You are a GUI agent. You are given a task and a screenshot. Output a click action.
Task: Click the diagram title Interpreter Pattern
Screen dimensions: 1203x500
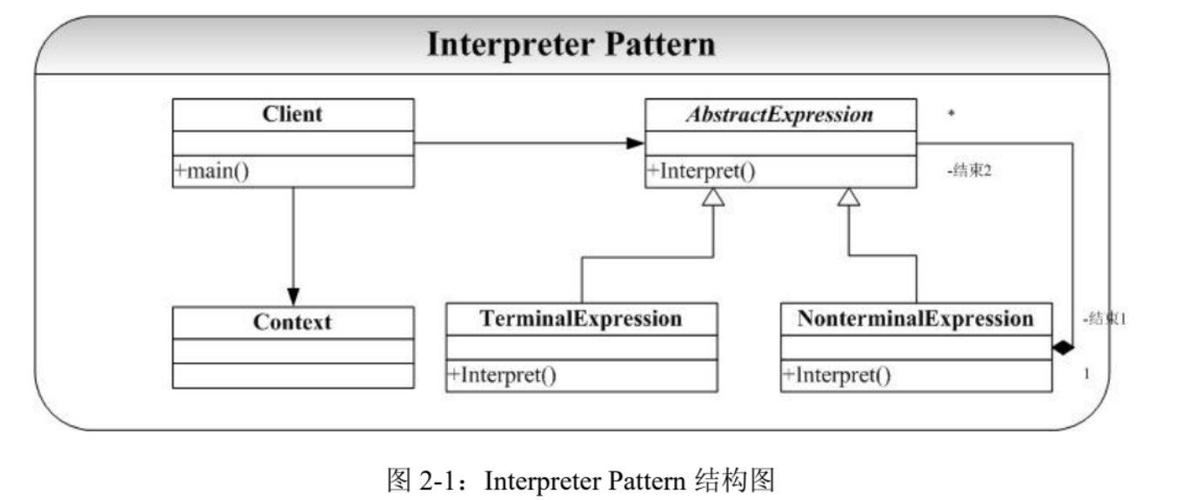tap(571, 44)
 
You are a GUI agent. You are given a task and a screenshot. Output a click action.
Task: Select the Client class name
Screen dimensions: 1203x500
tap(292, 114)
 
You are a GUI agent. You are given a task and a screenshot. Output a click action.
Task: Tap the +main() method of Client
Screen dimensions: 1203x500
tap(211, 170)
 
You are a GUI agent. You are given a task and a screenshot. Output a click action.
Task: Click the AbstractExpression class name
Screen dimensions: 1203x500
tap(779, 115)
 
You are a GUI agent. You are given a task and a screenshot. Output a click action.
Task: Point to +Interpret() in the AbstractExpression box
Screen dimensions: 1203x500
tap(701, 170)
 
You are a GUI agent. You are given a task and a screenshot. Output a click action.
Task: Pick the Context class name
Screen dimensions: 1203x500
tap(292, 322)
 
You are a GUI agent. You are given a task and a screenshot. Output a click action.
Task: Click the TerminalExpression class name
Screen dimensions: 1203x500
tap(581, 318)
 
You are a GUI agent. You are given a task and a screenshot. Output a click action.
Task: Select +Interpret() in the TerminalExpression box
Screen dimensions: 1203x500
tap(502, 375)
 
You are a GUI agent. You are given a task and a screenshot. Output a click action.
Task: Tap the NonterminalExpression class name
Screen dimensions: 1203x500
tap(916, 318)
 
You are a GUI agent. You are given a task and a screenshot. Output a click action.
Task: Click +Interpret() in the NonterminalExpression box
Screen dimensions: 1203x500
tap(837, 375)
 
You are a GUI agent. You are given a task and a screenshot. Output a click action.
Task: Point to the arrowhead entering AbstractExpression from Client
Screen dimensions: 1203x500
tap(635, 143)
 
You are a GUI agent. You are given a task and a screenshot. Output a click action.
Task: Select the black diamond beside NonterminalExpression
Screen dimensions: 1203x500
tap(1063, 348)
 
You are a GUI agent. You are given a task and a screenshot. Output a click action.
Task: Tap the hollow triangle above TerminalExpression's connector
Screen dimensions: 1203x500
tap(713, 197)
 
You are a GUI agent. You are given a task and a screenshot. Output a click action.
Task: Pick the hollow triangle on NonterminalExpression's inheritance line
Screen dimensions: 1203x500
tap(849, 197)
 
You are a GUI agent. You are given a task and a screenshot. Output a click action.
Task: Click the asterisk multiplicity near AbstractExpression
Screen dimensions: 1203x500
tap(951, 113)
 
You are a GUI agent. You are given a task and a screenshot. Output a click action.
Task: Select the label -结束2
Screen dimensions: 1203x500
tap(969, 170)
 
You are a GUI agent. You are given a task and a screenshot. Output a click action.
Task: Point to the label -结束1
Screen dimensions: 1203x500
tap(1105, 319)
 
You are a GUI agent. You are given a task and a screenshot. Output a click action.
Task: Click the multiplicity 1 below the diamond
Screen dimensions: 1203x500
tap(1086, 374)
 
